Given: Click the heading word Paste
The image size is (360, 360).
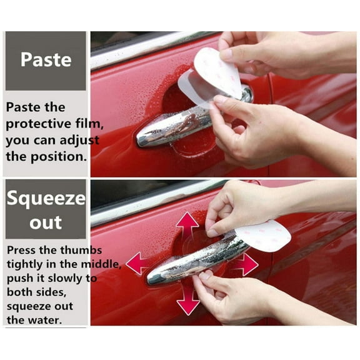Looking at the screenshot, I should click(x=46, y=60).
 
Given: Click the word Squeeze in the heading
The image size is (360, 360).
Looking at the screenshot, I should click(x=46, y=199).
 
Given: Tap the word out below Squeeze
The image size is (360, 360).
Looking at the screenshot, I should click(x=46, y=222).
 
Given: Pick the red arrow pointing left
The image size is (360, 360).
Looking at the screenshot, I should click(x=137, y=263).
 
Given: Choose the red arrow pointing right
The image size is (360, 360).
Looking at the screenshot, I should click(x=246, y=264).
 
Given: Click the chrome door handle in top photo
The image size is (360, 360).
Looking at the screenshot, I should click(x=169, y=128).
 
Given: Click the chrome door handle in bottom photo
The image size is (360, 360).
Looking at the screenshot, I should click(x=187, y=262).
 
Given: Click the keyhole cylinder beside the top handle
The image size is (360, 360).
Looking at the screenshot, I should click(x=247, y=95).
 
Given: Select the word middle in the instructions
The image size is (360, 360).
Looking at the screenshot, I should click(x=101, y=264).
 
